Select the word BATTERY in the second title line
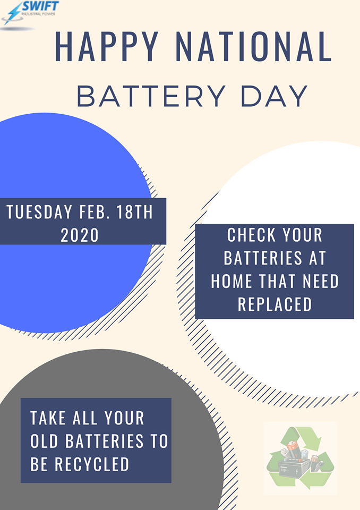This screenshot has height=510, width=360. point(151,96)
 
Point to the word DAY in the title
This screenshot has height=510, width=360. point(274,96)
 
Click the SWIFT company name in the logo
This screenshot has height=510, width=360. point(40,6)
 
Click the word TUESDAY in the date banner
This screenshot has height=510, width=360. point(39,212)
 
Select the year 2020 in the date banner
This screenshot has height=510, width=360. point(80,235)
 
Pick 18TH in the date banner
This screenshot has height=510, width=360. point(135,212)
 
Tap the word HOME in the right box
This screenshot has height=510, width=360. point(232,281)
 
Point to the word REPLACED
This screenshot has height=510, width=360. point(275,304)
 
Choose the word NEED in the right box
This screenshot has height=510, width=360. point(321,281)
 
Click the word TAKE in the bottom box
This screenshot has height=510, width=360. point(48,418)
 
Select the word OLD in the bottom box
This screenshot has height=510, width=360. point(45,441)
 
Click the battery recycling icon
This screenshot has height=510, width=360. point(300,458)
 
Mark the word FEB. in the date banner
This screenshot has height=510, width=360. point(89,212)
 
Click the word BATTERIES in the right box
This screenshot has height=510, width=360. point(263,258)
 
